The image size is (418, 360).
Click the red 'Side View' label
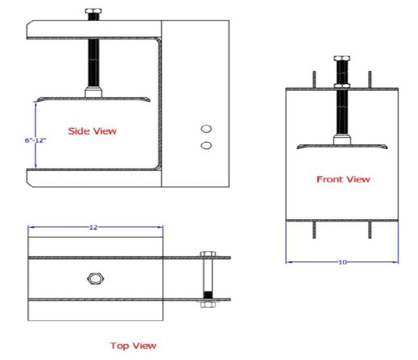click(x=93, y=131)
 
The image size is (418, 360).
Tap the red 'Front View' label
click(x=343, y=179)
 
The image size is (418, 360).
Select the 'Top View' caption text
click(x=133, y=346)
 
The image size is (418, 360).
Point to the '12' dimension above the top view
click(x=94, y=228)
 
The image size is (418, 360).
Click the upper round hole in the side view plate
click(x=206, y=129)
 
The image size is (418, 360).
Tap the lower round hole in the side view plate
click(x=206, y=145)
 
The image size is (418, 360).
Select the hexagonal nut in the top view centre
click(x=95, y=278)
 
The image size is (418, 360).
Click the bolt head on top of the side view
click(x=93, y=12)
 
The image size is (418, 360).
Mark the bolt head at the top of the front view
click(x=341, y=60)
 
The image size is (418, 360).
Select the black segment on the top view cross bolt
click(x=207, y=295)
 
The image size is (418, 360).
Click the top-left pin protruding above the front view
click(x=314, y=79)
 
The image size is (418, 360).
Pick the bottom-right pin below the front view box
click(x=370, y=230)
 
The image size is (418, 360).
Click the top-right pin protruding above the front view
click(x=370, y=79)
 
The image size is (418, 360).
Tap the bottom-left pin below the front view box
click(x=314, y=230)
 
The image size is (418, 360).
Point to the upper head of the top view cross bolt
click(x=207, y=255)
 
